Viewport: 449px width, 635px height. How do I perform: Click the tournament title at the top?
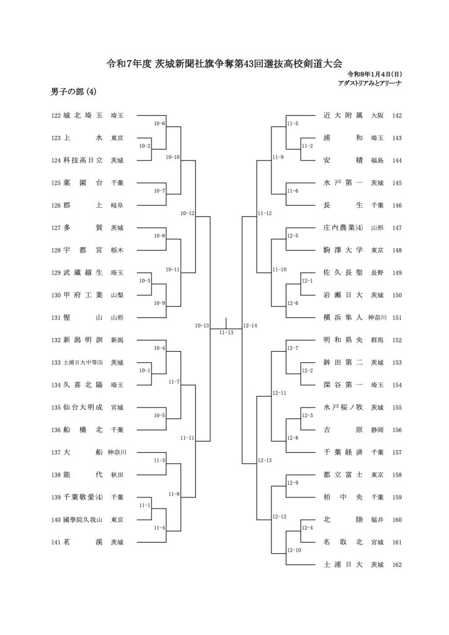(x=225, y=64)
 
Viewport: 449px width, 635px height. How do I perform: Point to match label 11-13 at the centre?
(x=226, y=333)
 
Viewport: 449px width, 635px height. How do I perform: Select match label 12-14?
(x=251, y=325)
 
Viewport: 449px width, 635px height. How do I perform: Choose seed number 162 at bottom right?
(x=397, y=565)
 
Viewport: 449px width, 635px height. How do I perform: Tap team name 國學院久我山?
(x=86, y=520)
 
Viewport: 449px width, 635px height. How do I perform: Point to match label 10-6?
(x=159, y=123)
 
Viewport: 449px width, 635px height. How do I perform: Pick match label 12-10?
(x=294, y=550)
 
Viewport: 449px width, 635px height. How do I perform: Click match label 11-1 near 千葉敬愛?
(x=145, y=505)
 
